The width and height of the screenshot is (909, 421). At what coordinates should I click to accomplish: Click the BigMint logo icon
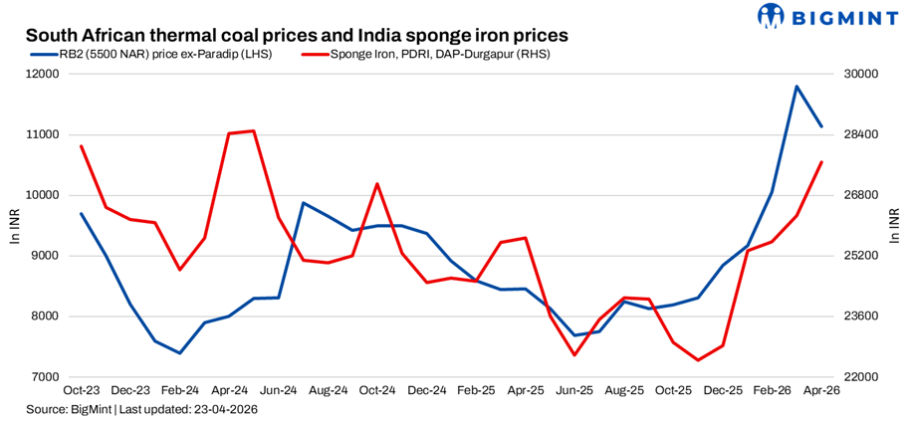pyautogui.click(x=772, y=16)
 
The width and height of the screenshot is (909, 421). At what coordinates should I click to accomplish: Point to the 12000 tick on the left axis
pyautogui.click(x=43, y=75)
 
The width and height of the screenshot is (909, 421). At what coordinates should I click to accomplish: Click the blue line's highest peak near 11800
pyautogui.click(x=796, y=87)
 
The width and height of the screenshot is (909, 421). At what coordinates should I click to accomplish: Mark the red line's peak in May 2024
pyautogui.click(x=254, y=130)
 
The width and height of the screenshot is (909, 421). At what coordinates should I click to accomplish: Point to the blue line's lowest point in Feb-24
pyautogui.click(x=179, y=353)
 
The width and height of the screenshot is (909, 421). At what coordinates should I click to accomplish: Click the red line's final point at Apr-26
pyautogui.click(x=821, y=161)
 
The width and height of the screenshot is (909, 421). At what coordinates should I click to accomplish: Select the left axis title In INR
pyautogui.click(x=14, y=226)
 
